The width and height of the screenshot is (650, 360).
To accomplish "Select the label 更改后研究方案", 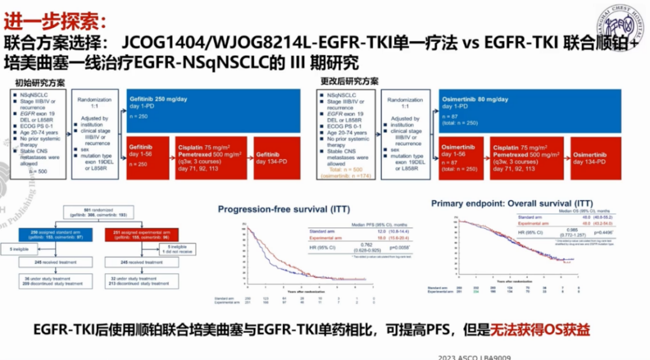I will [349, 81].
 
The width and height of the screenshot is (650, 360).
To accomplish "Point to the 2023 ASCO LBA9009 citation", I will [475, 356].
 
